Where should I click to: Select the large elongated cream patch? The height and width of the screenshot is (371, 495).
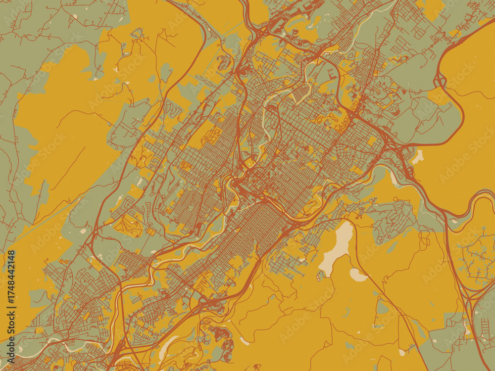click(x=337, y=247)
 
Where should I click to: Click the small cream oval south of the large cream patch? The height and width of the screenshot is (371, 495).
click(x=358, y=275)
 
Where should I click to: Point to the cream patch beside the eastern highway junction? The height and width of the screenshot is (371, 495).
click(x=418, y=157)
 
